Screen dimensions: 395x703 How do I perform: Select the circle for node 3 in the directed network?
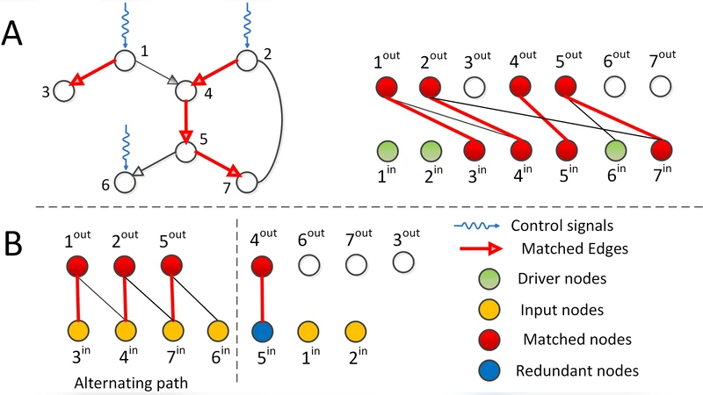tap(63, 90)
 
